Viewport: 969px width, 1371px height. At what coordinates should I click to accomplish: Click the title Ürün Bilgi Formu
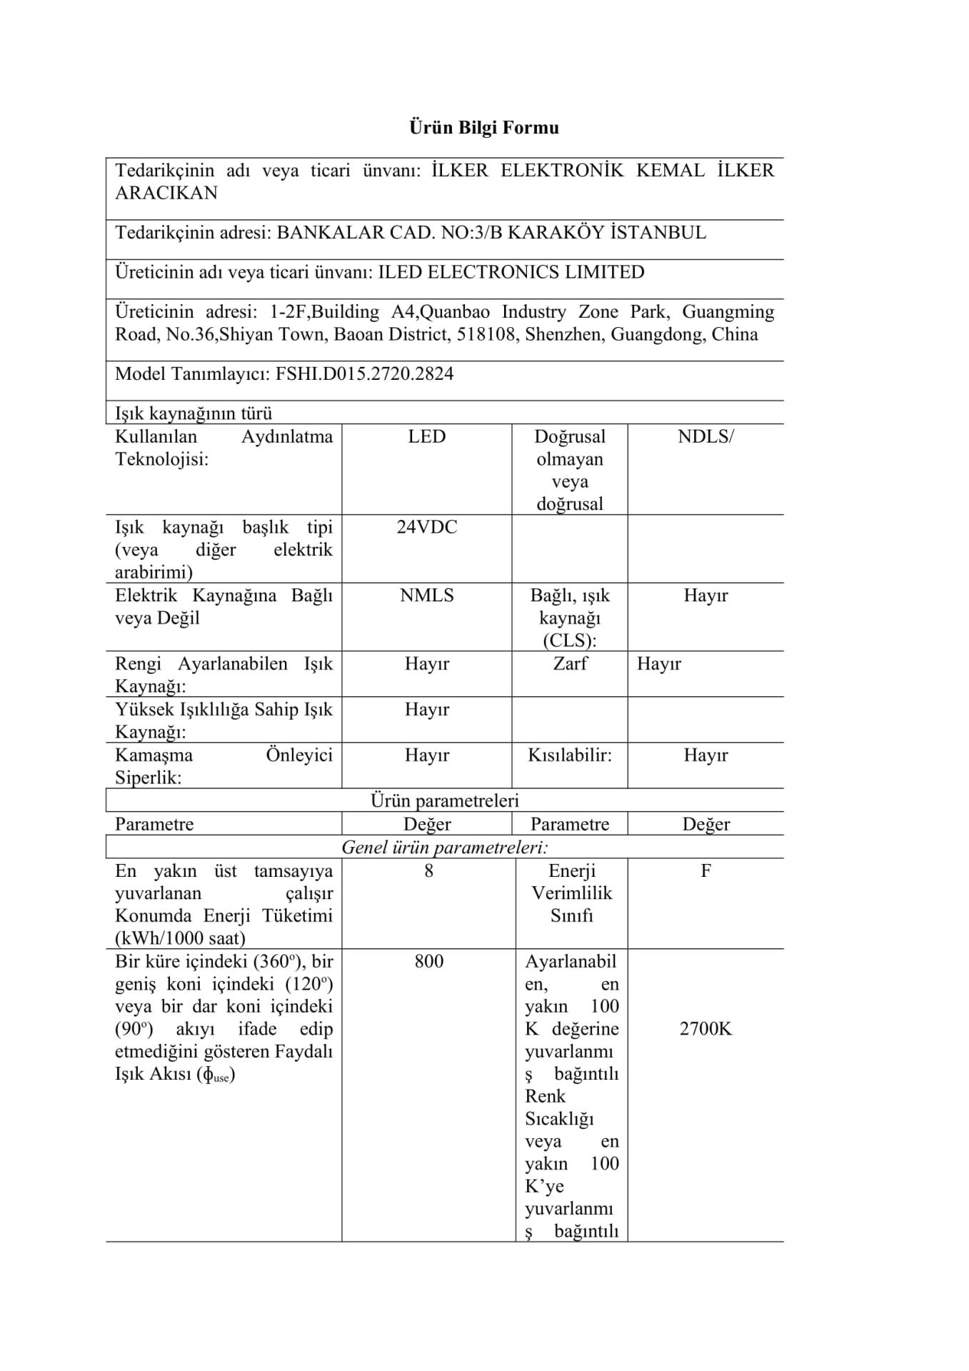tap(483, 128)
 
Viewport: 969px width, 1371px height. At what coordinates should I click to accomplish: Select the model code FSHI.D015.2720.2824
tap(364, 374)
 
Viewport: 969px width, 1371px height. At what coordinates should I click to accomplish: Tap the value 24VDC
tap(426, 527)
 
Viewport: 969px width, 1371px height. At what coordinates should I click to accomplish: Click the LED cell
tap(426, 436)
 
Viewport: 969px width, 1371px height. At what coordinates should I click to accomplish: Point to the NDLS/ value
tap(705, 436)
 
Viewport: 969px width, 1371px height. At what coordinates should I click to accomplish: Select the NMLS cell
tap(426, 596)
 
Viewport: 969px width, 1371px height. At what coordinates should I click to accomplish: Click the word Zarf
tap(570, 663)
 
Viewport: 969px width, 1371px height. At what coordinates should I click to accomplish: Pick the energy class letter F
tap(706, 870)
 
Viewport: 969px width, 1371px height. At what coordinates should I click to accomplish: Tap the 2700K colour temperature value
tap(706, 1029)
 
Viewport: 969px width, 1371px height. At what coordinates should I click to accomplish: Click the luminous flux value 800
tap(428, 961)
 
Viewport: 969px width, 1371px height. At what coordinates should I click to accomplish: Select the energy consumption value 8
tap(428, 870)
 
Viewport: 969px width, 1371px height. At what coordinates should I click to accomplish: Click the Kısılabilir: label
tap(570, 755)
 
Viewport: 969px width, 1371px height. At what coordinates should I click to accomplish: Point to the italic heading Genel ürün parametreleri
tap(444, 848)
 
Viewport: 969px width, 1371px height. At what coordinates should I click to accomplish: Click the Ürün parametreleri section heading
tap(444, 801)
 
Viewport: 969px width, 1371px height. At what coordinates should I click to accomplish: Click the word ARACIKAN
tap(166, 193)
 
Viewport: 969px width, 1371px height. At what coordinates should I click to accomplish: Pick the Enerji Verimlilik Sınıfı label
tap(571, 893)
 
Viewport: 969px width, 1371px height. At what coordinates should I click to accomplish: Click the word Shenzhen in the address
tap(565, 335)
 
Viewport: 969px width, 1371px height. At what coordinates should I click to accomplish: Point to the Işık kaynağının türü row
tap(194, 413)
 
